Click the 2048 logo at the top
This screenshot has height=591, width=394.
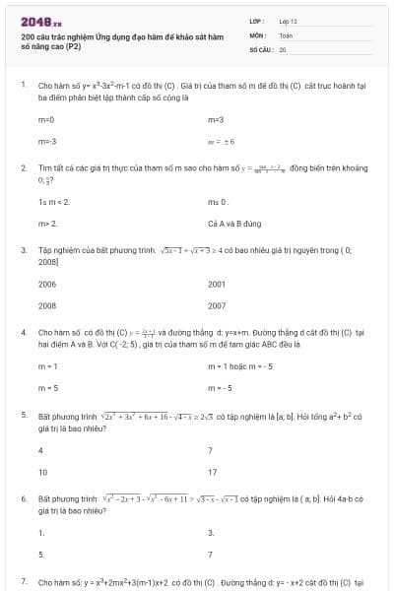40,22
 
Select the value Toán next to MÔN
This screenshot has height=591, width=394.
286,33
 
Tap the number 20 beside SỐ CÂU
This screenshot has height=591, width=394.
283,48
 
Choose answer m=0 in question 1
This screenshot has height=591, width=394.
46,119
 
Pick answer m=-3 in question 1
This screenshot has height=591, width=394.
47,141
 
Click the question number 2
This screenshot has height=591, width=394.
23,168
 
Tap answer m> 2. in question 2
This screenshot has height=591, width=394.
48,224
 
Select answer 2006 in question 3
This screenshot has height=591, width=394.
47,284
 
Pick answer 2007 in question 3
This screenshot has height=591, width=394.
217,305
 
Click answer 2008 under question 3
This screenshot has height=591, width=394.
47,305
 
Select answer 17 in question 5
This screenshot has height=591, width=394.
213,472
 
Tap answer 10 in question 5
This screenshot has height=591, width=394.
43,472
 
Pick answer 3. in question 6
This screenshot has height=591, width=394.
211,533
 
